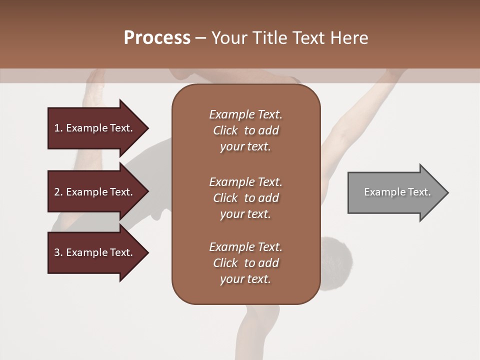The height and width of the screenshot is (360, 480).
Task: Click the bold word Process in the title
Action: coord(157,38)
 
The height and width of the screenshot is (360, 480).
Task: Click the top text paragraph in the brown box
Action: coord(245,130)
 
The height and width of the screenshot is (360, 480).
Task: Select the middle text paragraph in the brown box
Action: coord(245,198)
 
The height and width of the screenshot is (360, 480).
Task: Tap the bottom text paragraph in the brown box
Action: coord(245,263)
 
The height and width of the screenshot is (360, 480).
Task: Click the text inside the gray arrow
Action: coord(397,192)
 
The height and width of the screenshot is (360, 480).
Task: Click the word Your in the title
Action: coord(229,38)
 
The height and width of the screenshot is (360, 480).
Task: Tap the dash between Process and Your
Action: coord(200,38)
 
